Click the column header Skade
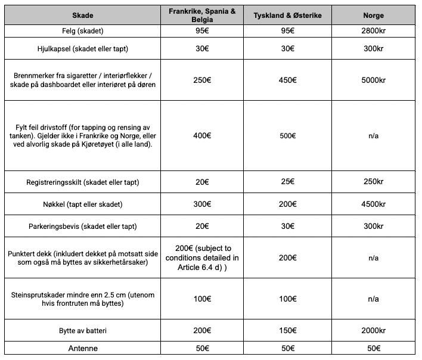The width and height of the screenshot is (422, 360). (x=82, y=15)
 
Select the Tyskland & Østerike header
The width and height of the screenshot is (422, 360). (x=288, y=15)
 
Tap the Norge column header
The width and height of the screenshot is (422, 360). (x=373, y=15)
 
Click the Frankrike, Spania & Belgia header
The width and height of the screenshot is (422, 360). (x=202, y=15)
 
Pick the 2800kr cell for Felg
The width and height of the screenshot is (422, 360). (x=373, y=30)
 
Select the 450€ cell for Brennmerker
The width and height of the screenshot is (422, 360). (x=288, y=80)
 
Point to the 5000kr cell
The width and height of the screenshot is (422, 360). (x=373, y=80)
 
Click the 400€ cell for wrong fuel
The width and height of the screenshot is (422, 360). (x=202, y=136)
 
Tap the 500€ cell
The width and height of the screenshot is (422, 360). (x=288, y=136)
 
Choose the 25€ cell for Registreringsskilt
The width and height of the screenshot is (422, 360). (x=288, y=181)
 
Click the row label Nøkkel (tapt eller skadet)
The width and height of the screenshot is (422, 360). (x=82, y=204)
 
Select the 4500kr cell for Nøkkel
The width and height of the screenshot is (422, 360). (x=373, y=204)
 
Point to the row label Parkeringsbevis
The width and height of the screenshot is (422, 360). (x=82, y=226)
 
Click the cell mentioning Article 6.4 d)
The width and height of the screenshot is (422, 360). (x=202, y=257)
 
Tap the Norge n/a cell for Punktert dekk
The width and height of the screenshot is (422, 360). (x=373, y=257)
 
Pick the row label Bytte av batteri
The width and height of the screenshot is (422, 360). (x=82, y=330)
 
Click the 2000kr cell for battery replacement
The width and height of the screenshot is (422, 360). (x=373, y=330)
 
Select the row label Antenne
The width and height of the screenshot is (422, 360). (x=82, y=348)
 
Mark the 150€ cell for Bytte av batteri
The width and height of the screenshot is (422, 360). (x=288, y=330)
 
